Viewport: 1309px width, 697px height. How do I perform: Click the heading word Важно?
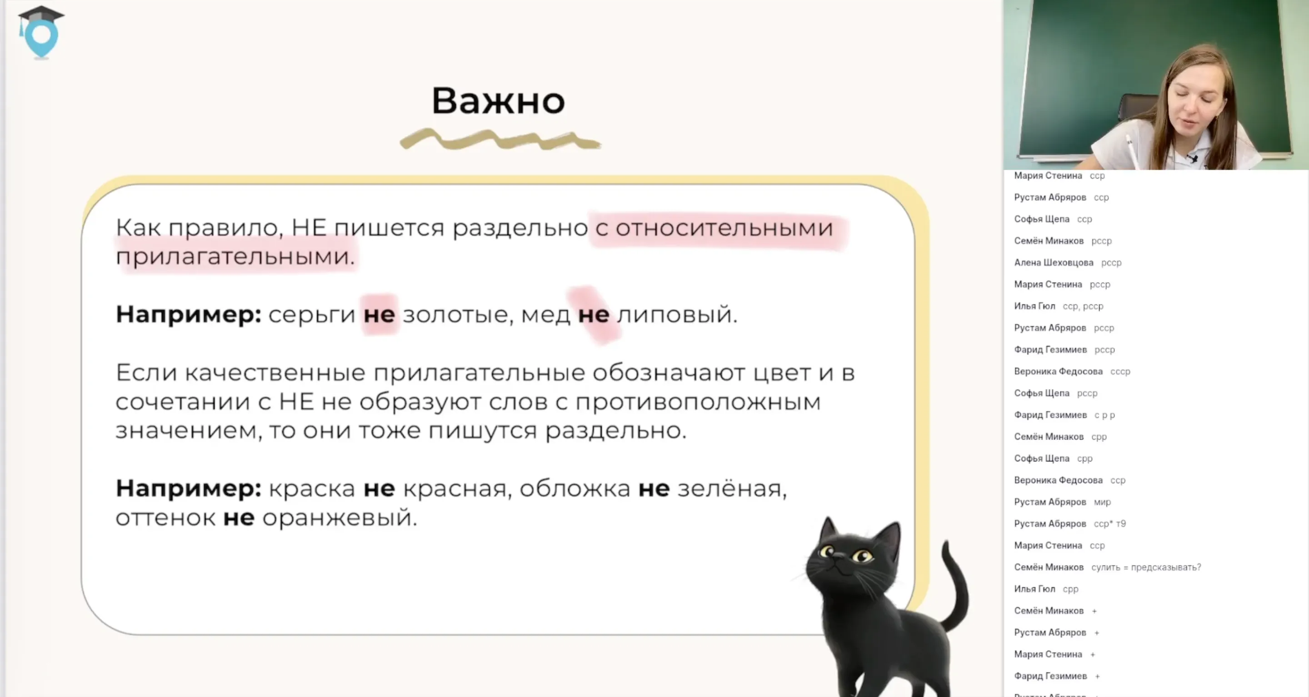pos(498,100)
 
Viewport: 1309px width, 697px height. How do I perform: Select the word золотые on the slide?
pos(455,314)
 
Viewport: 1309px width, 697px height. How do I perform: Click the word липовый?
pos(675,314)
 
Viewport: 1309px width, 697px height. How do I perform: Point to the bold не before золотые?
pos(379,314)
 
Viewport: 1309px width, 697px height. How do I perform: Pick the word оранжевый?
pos(339,518)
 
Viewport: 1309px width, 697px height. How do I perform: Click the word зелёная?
pos(731,489)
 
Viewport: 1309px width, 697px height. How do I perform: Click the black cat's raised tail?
pos(955,584)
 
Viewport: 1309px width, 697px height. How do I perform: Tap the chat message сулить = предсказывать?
pos(1146,567)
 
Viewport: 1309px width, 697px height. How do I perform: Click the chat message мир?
pos(1102,502)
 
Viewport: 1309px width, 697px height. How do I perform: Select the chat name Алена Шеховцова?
pos(1054,263)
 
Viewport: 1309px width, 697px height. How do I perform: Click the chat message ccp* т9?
pos(1109,524)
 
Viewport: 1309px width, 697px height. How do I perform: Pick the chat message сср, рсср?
pos(1083,306)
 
